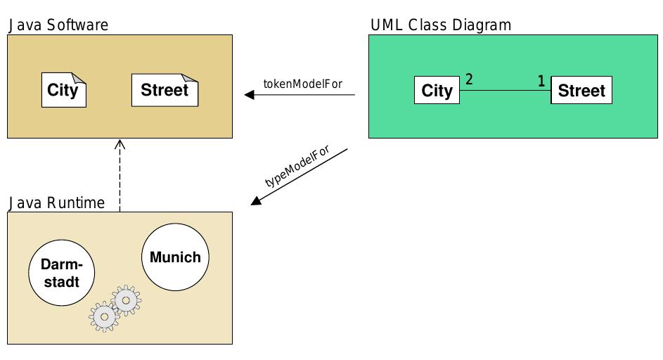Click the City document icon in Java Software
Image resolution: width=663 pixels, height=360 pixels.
[x=63, y=90]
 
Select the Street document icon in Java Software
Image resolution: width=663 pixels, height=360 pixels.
[x=165, y=90]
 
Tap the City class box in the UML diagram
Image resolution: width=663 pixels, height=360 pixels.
[x=437, y=91]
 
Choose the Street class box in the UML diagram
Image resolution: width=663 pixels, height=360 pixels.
[x=581, y=91]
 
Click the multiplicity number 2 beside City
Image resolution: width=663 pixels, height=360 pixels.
[x=469, y=79]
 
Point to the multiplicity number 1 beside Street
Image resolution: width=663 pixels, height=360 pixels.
[x=541, y=82]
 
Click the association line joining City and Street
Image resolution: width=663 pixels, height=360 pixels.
[x=505, y=91]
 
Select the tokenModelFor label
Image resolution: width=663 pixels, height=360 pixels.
[x=302, y=83]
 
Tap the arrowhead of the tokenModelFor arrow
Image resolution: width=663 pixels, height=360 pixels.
[x=249, y=95]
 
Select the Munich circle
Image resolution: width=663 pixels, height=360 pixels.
[x=175, y=257]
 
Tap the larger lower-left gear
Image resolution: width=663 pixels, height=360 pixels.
[x=105, y=317]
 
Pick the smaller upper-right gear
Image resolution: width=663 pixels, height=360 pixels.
[x=126, y=300]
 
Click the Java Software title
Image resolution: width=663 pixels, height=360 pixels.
[x=58, y=25]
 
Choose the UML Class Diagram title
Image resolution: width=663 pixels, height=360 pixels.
[x=441, y=25]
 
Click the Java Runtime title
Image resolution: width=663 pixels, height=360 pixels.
[x=56, y=203]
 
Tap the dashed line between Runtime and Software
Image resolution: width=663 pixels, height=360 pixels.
[x=120, y=179]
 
